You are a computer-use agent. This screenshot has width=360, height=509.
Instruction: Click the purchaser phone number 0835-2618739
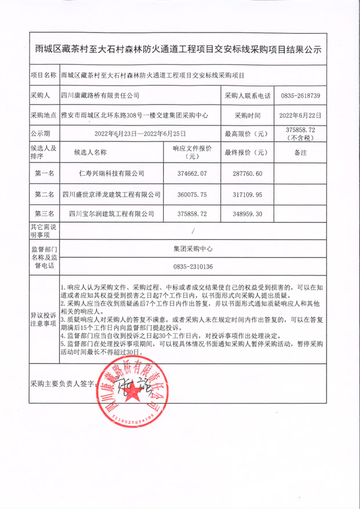pyautogui.click(x=300, y=96)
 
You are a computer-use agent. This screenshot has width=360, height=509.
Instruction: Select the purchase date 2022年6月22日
pyautogui.click(x=300, y=115)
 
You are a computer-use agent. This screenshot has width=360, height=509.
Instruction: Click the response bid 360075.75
pyautogui.click(x=192, y=194)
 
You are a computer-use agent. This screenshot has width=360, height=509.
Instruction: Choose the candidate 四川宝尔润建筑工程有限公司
pyautogui.click(x=112, y=214)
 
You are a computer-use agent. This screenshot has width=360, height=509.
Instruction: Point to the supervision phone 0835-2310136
pyautogui.click(x=192, y=267)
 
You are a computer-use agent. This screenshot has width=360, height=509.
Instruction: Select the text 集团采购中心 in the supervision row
pyautogui.click(x=192, y=248)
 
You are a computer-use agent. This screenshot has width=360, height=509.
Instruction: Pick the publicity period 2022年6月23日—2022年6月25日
pyautogui.click(x=140, y=134)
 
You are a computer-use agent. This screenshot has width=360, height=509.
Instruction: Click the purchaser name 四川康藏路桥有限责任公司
pyautogui.click(x=100, y=96)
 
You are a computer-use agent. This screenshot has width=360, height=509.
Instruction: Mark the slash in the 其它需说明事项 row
pyautogui.click(x=192, y=231)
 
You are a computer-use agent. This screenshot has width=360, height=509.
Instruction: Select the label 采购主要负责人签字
pyautogui.click(x=63, y=384)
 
